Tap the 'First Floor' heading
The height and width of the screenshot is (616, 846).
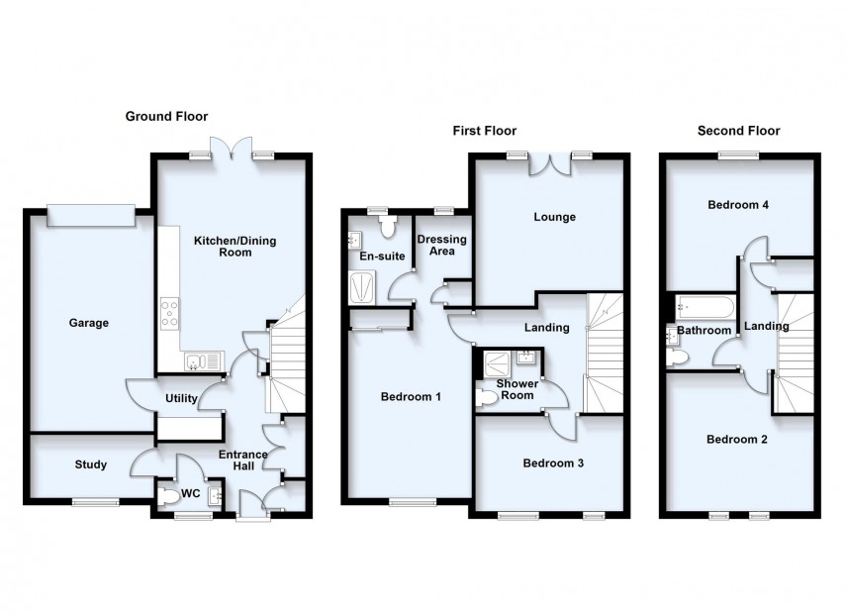[484, 131]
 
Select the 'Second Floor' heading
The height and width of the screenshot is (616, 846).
[738, 131]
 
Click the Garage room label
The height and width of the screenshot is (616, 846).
[88, 323]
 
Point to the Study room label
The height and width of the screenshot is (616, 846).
[90, 464]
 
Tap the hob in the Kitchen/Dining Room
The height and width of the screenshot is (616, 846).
[169, 313]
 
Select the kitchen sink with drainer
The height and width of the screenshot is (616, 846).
[203, 360]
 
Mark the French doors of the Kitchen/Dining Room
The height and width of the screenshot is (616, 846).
[233, 151]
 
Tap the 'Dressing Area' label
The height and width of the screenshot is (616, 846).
[441, 246]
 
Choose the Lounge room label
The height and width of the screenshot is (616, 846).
[554, 217]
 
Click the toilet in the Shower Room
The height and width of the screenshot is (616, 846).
[487, 397]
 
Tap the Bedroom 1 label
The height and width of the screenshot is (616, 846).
[411, 397]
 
